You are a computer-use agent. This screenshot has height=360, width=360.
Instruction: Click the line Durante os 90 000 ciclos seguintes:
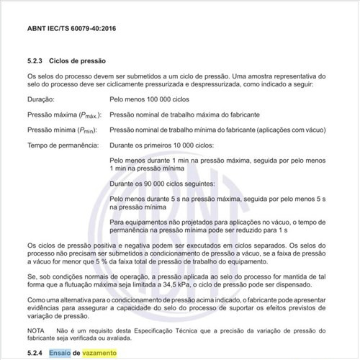click(166, 185)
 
